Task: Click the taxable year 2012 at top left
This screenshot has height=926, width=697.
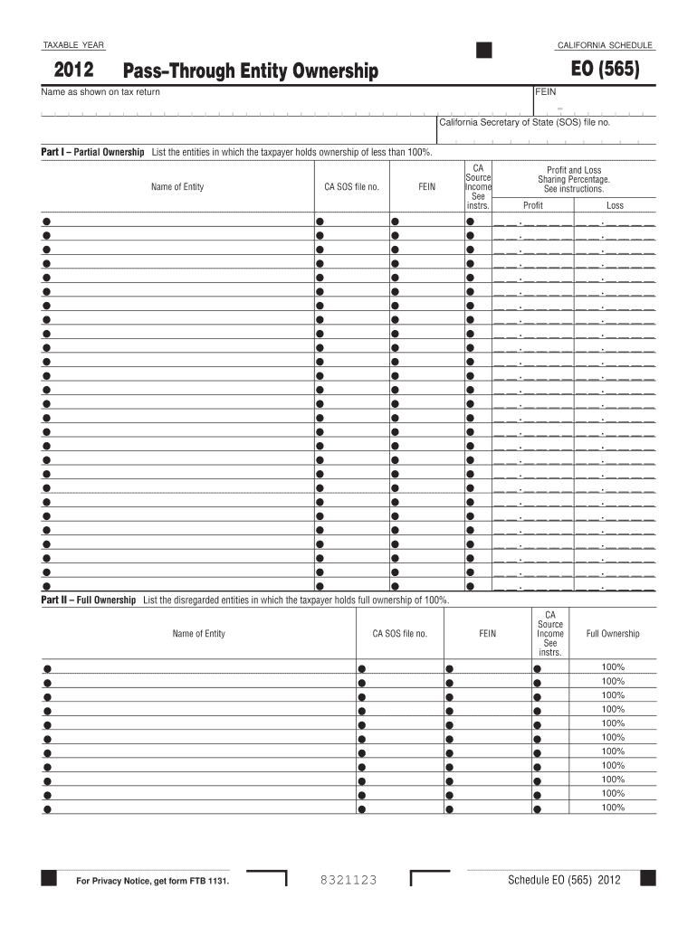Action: coord(72,71)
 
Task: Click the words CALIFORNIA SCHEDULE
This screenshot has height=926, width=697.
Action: coord(605,45)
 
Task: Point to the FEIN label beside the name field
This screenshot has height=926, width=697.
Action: coord(546,92)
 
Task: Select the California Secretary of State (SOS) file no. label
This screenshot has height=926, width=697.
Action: coord(525,121)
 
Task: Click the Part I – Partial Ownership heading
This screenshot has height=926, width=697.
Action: coord(92,152)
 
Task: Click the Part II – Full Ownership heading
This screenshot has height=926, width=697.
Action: coord(89,600)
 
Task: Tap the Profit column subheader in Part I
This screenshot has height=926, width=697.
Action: coord(533,206)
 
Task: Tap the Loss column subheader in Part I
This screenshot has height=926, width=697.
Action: coord(615,206)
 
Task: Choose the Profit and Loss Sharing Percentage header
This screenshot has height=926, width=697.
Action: coord(574,179)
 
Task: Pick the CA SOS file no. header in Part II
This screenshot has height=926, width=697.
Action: coord(399,634)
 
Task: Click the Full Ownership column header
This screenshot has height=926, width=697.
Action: coord(613,634)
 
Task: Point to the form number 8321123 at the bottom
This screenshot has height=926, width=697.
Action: coord(348,881)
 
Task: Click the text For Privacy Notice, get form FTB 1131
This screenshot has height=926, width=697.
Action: coord(152,882)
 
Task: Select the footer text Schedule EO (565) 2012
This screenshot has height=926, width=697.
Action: coord(564,881)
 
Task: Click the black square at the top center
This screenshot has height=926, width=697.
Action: coord(484,50)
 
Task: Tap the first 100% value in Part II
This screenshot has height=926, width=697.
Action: coord(613,667)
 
